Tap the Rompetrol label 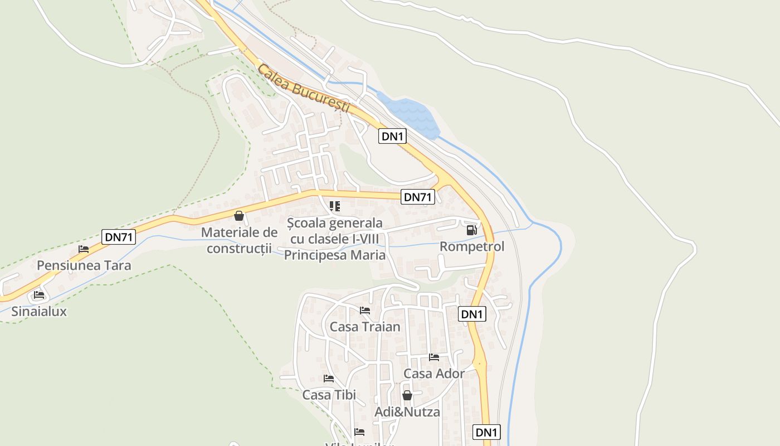click(472, 246)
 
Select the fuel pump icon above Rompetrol click(471, 230)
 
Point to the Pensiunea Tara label click(84, 265)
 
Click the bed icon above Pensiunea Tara click(84, 249)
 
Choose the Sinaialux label click(39, 312)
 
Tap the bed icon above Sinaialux click(38, 294)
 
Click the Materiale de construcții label click(239, 240)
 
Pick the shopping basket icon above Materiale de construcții click(239, 216)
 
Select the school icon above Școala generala click(335, 207)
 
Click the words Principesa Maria click(335, 255)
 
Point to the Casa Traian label click(365, 327)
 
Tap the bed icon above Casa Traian click(365, 310)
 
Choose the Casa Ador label click(434, 374)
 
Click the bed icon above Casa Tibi click(329, 378)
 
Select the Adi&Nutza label click(407, 412)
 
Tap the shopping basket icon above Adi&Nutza click(407, 395)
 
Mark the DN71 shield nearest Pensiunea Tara click(119, 237)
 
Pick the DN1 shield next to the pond click(392, 136)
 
